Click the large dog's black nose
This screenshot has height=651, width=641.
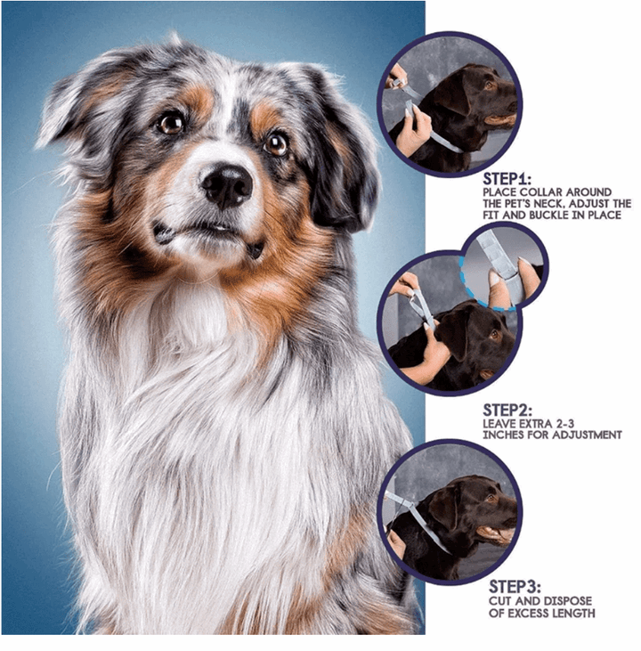(x=226, y=183)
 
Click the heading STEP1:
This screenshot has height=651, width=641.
(x=506, y=178)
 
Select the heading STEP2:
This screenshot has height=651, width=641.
(x=507, y=410)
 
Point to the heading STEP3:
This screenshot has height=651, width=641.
(x=514, y=587)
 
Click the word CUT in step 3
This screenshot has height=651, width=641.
(x=502, y=600)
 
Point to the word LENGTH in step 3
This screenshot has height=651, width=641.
(x=572, y=613)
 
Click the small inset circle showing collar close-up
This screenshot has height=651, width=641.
(x=503, y=265)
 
